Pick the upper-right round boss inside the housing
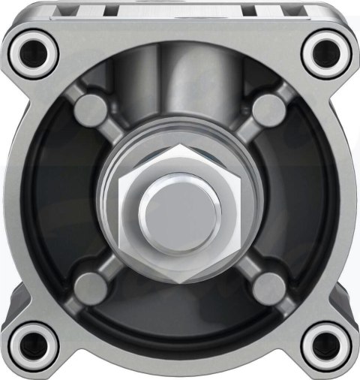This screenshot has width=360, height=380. click(266, 107)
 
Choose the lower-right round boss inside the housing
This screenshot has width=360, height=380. click(266, 285)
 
